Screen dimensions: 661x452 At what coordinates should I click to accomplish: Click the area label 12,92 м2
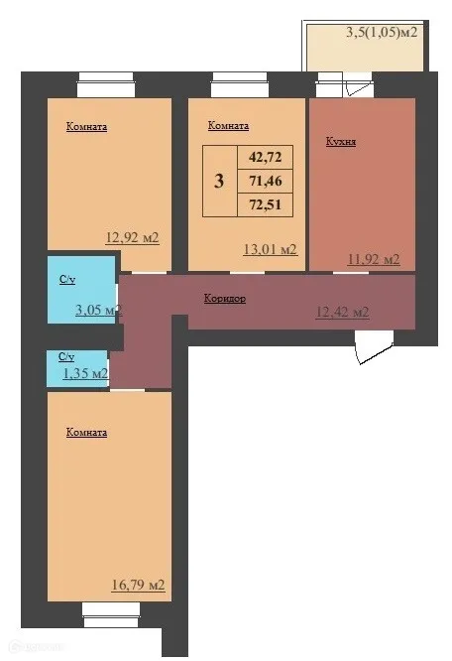click(x=133, y=238)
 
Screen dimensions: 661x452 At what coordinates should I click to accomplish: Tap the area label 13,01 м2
click(x=271, y=250)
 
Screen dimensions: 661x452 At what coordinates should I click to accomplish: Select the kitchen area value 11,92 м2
click(x=373, y=260)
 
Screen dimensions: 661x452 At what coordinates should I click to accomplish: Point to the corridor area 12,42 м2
click(x=342, y=312)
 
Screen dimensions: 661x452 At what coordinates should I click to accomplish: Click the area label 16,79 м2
click(x=137, y=585)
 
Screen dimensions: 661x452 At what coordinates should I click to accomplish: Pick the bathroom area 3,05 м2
click(x=97, y=310)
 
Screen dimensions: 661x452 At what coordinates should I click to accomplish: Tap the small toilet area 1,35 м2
click(x=85, y=373)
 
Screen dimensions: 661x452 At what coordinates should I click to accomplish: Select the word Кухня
click(x=341, y=142)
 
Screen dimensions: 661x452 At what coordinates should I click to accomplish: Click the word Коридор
click(x=225, y=298)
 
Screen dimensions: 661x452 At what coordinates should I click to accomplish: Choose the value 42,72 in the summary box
click(x=265, y=158)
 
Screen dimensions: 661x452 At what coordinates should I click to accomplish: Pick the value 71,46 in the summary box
click(x=265, y=182)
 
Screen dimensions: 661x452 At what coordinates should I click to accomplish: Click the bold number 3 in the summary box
click(x=218, y=182)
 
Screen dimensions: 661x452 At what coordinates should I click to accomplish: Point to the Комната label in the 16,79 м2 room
click(x=86, y=433)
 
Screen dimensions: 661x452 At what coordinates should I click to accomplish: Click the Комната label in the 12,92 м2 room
click(x=86, y=127)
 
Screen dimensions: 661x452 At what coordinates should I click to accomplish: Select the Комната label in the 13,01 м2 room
click(x=228, y=127)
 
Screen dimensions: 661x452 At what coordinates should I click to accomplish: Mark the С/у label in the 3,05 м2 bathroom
click(x=66, y=281)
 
